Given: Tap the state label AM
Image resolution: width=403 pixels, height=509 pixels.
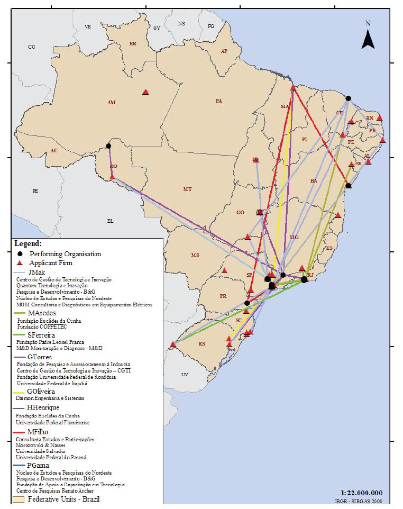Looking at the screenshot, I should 111,103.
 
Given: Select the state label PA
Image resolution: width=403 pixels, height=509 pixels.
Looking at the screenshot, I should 218,101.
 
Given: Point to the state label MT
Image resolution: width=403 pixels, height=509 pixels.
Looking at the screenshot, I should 187,189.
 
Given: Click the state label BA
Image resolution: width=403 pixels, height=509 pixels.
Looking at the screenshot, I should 314,181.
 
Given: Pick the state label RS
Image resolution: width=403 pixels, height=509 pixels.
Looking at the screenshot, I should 201,344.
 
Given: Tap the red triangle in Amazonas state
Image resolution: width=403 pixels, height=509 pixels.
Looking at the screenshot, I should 145,93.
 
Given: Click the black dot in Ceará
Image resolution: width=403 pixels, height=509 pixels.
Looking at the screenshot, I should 348,98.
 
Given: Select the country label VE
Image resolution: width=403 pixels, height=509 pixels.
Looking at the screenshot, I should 88,26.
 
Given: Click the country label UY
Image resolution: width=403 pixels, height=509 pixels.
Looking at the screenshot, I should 184,375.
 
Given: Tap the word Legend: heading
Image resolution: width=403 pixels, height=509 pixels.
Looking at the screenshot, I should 28,244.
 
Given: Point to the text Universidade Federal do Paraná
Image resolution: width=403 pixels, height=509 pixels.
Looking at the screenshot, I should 51,457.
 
